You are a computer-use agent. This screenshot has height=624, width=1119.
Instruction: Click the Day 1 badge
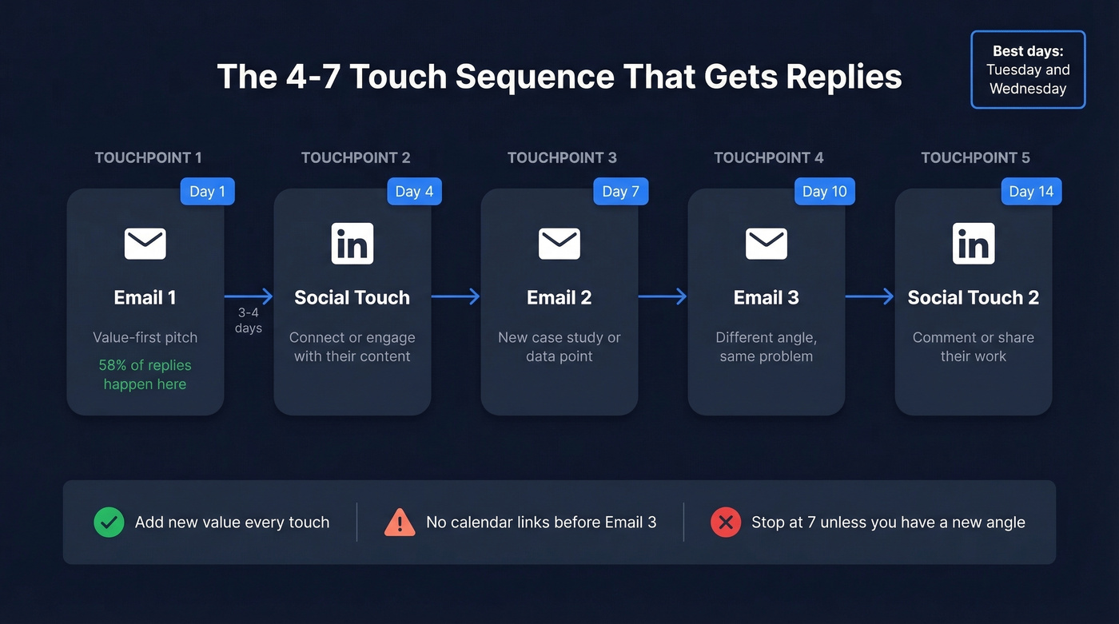pyautogui.click(x=207, y=192)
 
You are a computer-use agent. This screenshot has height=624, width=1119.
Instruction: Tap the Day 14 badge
pyautogui.click(x=1031, y=192)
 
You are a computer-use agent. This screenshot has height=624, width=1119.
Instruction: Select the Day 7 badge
pyautogui.click(x=620, y=192)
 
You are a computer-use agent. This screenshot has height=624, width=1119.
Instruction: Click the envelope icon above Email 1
pyautogui.click(x=145, y=244)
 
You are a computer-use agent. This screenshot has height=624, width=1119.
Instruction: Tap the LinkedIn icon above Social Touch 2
pyautogui.click(x=973, y=244)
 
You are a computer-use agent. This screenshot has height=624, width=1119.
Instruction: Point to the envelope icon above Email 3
pyautogui.click(x=766, y=244)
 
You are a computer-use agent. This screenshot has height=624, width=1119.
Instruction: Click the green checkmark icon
pyautogui.click(x=109, y=523)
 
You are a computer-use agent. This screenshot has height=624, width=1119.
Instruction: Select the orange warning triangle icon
pyautogui.click(x=400, y=523)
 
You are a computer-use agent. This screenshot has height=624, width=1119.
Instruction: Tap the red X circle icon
pyautogui.click(x=726, y=523)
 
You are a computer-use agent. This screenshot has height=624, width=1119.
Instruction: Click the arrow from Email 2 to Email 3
pyautogui.click(x=663, y=297)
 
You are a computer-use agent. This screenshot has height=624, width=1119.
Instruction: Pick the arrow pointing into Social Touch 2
pyautogui.click(x=870, y=297)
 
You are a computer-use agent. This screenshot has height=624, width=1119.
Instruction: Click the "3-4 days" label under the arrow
pyautogui.click(x=249, y=320)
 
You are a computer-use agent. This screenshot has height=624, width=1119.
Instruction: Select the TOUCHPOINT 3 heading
pyautogui.click(x=562, y=157)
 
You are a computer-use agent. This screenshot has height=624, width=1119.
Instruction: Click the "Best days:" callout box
pyautogui.click(x=1028, y=70)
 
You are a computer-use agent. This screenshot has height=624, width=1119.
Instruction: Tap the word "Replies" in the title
pyautogui.click(x=843, y=77)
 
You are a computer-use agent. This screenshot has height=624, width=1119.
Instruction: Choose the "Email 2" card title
pyautogui.click(x=559, y=297)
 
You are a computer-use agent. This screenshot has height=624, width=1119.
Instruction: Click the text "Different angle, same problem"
pyautogui.click(x=766, y=347)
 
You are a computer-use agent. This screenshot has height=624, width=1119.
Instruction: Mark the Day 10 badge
pyautogui.click(x=825, y=192)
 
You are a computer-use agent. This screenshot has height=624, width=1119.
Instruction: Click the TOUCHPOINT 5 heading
pyautogui.click(x=975, y=157)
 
